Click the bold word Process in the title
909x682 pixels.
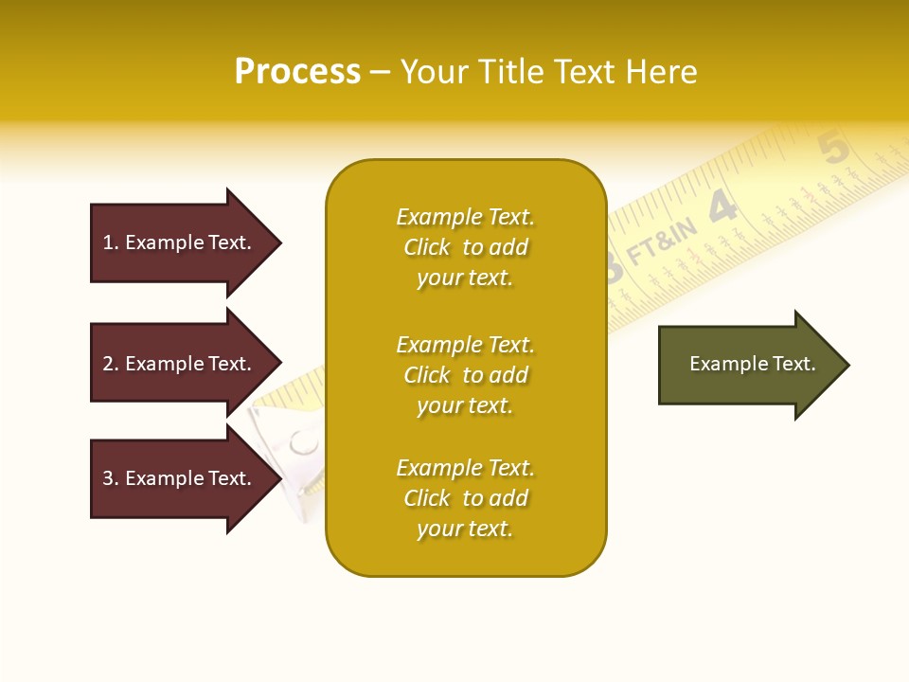(297, 72)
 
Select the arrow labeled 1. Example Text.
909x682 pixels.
(180, 242)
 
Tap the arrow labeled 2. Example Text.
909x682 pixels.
(180, 364)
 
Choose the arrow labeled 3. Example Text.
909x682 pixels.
(180, 478)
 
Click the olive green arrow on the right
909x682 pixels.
(748, 365)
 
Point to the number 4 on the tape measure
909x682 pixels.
(722, 207)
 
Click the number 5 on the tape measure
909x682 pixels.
(832, 149)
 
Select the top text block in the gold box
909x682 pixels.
(465, 247)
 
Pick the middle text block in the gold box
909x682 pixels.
(465, 375)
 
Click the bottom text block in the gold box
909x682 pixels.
(465, 498)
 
